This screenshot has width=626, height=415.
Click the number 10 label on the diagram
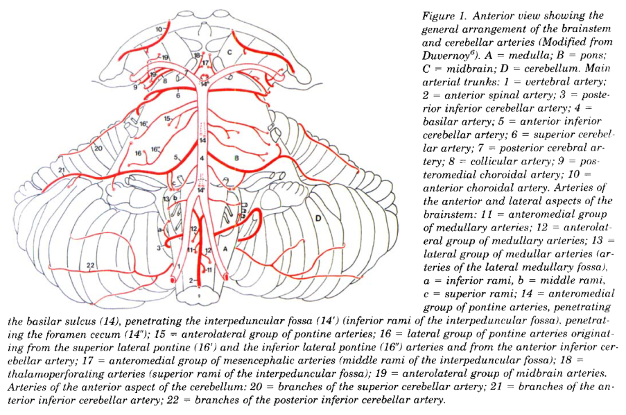pyautogui.click(x=159, y=29)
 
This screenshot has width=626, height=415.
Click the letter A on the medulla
pyautogui.click(x=225, y=246)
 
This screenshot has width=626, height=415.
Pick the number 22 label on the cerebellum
pyautogui.click(x=91, y=266)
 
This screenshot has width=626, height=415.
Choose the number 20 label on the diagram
pyautogui.click(x=98, y=148)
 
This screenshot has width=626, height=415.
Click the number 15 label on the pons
pyautogui.click(x=167, y=119)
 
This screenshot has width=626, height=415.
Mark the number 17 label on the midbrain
pyautogui.click(x=205, y=62)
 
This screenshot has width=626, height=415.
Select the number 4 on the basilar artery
pyautogui.click(x=202, y=158)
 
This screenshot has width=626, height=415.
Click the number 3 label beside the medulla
pyautogui.click(x=159, y=247)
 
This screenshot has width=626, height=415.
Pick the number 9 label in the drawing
pyautogui.click(x=135, y=87)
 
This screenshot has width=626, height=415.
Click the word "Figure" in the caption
pyautogui.click(x=438, y=16)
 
